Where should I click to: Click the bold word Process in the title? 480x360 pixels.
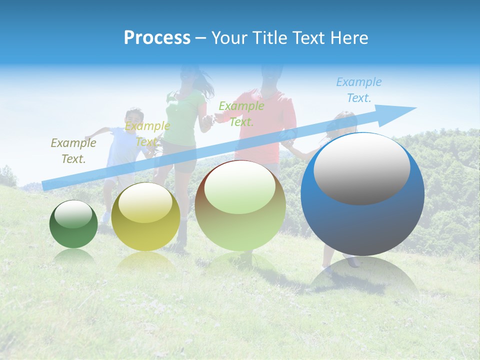click(157, 38)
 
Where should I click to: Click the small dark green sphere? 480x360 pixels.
click(73, 224)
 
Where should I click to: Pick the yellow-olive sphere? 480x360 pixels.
click(145, 217)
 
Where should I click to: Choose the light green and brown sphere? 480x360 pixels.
click(240, 205)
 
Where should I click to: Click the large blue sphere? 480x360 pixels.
click(362, 194)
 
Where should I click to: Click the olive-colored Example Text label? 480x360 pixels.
click(73, 151)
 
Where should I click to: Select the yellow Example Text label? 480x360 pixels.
click(147, 134)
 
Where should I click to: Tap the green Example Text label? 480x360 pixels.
click(241, 113)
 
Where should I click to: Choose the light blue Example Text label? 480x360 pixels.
click(358, 90)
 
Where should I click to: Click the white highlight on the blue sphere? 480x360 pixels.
click(361, 168)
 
